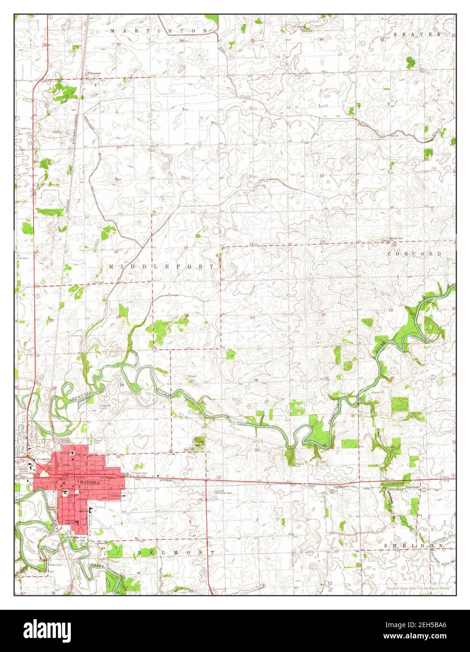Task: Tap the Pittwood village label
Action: [x=93, y=74]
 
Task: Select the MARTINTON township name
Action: [x=159, y=30]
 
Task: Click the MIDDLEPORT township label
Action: [x=164, y=266]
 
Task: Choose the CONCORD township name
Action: [x=415, y=254]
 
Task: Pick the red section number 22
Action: [x=187, y=316]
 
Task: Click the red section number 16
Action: [x=116, y=252]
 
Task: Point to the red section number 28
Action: [x=122, y=385]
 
